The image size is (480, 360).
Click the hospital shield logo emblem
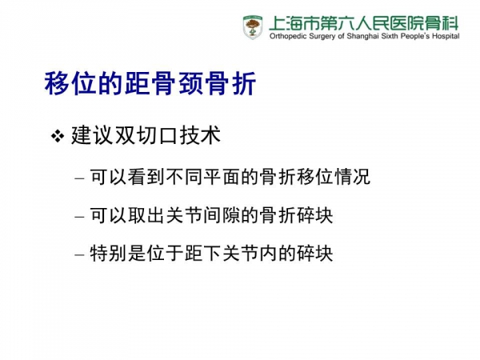(253, 27)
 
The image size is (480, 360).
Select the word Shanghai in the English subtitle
(362, 36)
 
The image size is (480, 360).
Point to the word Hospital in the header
(446, 37)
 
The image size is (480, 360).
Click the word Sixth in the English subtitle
(390, 36)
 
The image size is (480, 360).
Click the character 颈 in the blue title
(190, 83)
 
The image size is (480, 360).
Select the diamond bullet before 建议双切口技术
(58, 136)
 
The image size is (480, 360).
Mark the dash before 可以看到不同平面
(79, 178)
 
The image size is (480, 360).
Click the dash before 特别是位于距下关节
(79, 255)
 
